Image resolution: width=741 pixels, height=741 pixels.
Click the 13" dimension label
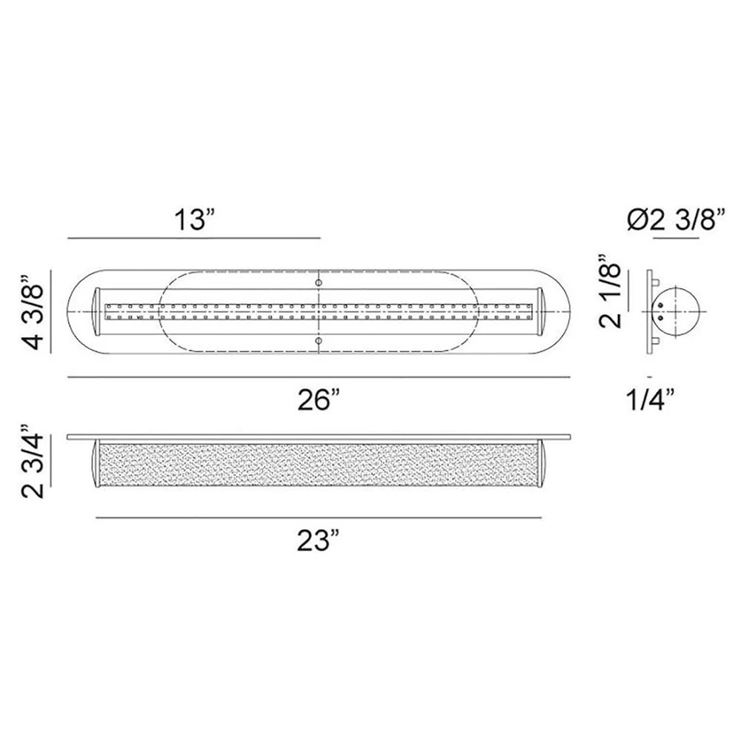click(194, 220)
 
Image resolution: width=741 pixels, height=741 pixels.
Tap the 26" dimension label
click(319, 400)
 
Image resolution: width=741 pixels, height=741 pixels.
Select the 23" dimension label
click(319, 541)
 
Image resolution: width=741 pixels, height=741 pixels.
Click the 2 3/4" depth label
click(33, 461)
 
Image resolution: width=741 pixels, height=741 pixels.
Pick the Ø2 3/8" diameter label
click(677, 219)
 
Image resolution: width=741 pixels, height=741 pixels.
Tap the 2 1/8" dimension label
click(610, 291)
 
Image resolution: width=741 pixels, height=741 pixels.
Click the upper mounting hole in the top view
click(319, 283)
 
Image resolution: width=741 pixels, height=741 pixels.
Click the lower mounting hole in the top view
click(319, 340)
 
